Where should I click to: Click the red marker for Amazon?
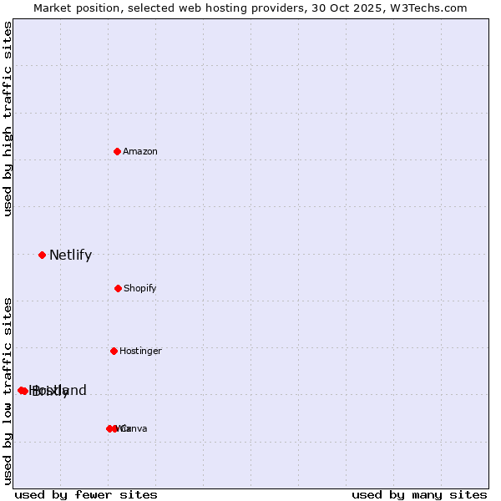coord(118,151)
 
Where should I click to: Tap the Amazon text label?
coord(140,152)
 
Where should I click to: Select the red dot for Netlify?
coord(42,255)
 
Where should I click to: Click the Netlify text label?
coord(70,256)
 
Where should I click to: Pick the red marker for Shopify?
coord(118,288)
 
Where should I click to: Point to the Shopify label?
coord(140,289)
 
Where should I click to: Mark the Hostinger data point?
coord(114,351)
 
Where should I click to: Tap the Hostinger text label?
coord(140,352)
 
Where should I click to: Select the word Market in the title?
coord(53,8)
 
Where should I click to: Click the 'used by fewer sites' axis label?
coord(86,494)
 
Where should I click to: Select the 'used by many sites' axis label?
coord(419,494)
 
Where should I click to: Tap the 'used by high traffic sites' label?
coord(8,119)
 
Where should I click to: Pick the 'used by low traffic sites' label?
coord(8,390)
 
